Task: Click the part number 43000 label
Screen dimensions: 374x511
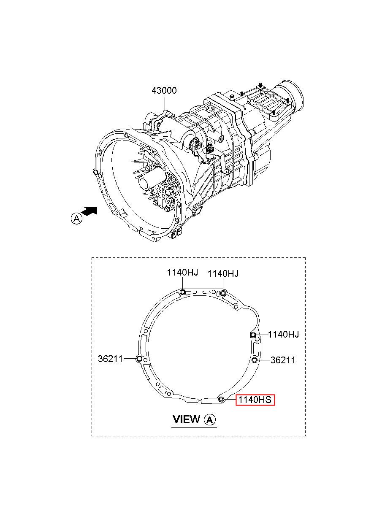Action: click(164, 91)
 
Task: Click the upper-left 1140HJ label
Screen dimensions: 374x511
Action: click(182, 272)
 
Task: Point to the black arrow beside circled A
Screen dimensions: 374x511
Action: click(89, 211)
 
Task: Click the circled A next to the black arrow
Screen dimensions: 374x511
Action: click(76, 219)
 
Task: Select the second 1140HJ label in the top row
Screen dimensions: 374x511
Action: click(223, 273)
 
